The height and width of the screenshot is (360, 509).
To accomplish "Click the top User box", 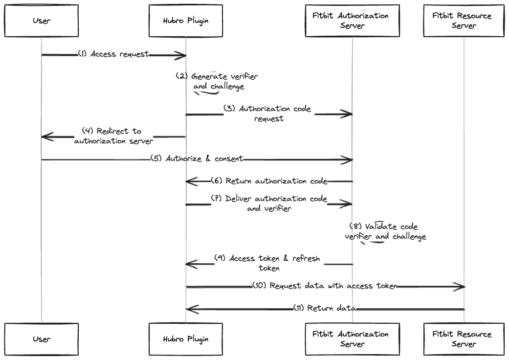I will point(42,21).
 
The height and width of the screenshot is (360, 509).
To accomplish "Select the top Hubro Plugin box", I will point(186,21).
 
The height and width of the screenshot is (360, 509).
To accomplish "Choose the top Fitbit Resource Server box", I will point(464,21).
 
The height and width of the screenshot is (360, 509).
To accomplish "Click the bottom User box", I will point(42,338).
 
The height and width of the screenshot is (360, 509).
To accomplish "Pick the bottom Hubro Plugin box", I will point(186,338).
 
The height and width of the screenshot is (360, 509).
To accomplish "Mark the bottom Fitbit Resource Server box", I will point(464,338).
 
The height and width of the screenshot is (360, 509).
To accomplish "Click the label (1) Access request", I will point(113,54).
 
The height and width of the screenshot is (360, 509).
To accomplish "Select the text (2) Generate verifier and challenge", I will point(218,82).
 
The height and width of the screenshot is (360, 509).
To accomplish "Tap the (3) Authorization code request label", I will point(268,113).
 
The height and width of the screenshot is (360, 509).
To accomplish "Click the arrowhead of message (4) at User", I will point(47,136).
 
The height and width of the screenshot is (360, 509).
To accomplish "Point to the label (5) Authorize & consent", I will point(197,159).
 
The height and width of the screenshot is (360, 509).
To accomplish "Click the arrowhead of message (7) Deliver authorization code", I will point(347,203).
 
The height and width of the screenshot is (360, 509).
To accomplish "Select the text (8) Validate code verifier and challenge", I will point(385,232).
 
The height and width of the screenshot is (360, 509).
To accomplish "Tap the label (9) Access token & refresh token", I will point(268,263).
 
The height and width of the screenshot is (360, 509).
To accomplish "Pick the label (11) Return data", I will point(325,308).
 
